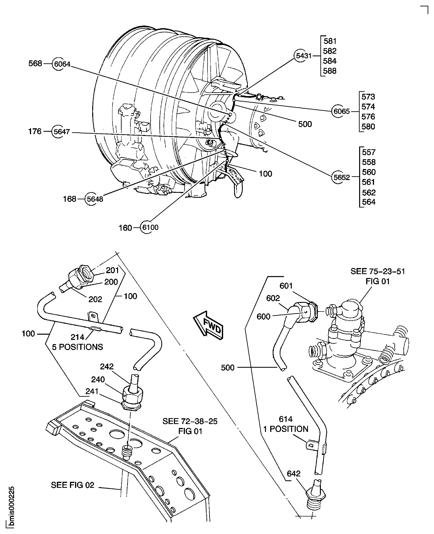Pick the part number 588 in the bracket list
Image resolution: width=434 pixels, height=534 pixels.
pyautogui.click(x=330, y=71)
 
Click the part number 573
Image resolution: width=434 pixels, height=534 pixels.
pyautogui.click(x=368, y=97)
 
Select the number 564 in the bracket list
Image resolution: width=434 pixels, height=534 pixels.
pyautogui.click(x=368, y=202)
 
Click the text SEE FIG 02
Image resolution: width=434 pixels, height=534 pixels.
pyautogui.click(x=73, y=485)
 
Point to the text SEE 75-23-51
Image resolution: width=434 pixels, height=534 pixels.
pyautogui.click(x=377, y=271)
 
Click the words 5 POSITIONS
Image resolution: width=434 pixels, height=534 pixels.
pyautogui.click(x=77, y=347)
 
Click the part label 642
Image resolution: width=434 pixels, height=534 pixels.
pyautogui.click(x=293, y=474)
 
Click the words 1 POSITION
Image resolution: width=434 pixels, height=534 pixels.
pyautogui.click(x=286, y=429)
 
